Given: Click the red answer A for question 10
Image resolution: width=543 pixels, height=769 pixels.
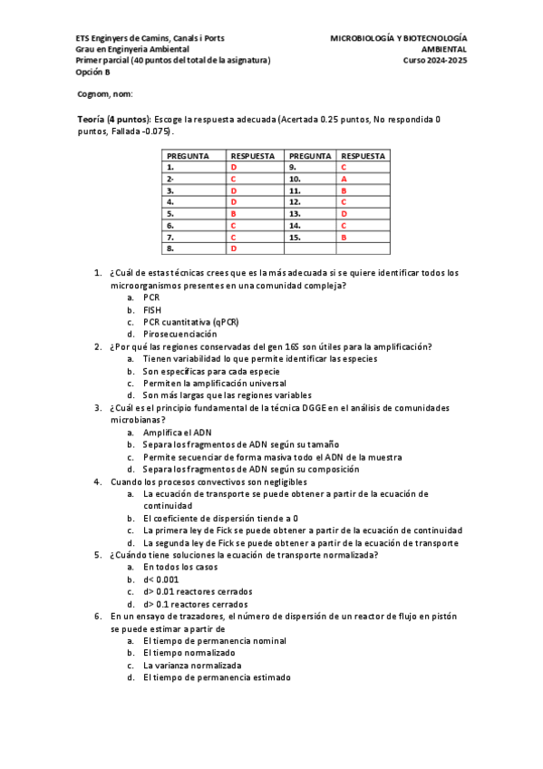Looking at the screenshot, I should (344, 180).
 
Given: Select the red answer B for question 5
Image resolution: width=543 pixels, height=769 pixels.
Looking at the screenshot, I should (233, 213).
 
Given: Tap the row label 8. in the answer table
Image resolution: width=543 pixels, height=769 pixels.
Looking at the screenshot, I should (171, 248).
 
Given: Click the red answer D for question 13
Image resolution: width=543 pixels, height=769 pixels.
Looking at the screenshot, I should (344, 213).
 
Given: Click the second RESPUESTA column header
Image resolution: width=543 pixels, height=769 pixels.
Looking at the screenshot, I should (364, 156).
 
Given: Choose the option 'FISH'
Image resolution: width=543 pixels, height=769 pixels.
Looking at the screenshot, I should (152, 309).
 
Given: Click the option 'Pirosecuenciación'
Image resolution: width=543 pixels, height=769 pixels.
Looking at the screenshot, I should (179, 334).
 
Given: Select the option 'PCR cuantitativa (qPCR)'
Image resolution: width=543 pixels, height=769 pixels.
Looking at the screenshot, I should (191, 322).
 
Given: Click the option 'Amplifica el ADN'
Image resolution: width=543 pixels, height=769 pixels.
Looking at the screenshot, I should (177, 433).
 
